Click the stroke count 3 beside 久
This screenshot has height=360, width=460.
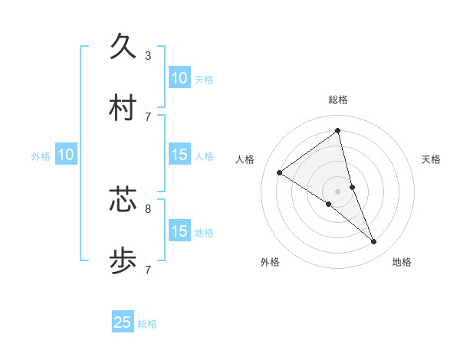pos(147,55)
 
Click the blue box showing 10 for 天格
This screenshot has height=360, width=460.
pos(179,78)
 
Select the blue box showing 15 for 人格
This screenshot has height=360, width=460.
pos(179,155)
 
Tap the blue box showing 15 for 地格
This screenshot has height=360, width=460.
pos(179,231)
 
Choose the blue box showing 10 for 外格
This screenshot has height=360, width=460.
pos(66,155)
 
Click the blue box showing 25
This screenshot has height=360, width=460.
pos(123,322)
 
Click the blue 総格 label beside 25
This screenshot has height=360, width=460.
pos(147,324)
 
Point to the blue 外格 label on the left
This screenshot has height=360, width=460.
pos(41,156)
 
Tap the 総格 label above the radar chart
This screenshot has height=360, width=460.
pos(338,100)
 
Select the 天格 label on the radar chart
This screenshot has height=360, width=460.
pos(431,159)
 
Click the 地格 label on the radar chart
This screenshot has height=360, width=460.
pos(402,262)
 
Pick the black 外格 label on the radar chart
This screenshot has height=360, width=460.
pos(270,262)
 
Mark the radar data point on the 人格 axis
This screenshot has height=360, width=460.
pos(280,172)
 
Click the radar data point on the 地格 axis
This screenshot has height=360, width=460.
pos(374,242)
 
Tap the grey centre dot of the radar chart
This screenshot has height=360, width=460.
pos(338,191)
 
